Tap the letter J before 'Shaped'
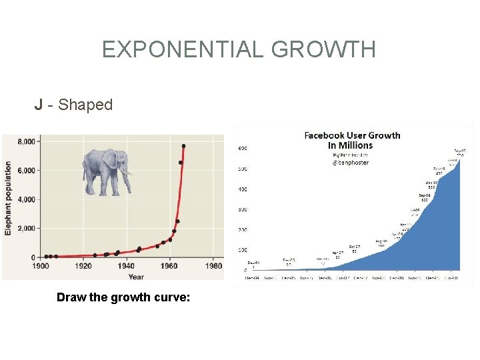pos(39,105)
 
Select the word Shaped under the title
pos(85,105)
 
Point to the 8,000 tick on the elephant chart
pos(27,141)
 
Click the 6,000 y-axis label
pos(27,171)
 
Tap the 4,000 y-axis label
pos(27,199)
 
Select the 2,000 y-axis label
pos(27,229)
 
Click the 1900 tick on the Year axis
pos(41,266)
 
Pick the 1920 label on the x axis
pos(83,266)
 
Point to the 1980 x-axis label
pos(213,266)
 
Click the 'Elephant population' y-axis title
pos(9,198)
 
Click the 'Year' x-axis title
pos(136,276)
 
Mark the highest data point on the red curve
pos(183,146)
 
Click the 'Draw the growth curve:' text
pos(123,297)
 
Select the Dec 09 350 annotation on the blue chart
pos(431,184)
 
